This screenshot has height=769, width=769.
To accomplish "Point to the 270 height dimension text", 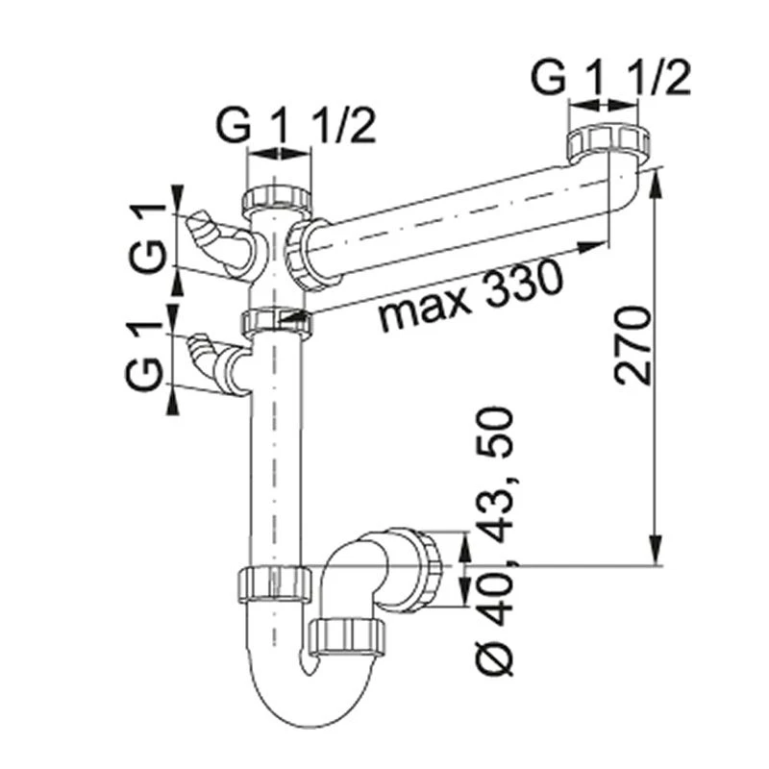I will (x=633, y=346).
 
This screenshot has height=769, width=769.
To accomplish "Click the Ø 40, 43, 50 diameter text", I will (x=496, y=538).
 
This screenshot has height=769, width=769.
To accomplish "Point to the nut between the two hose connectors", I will (x=278, y=320).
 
